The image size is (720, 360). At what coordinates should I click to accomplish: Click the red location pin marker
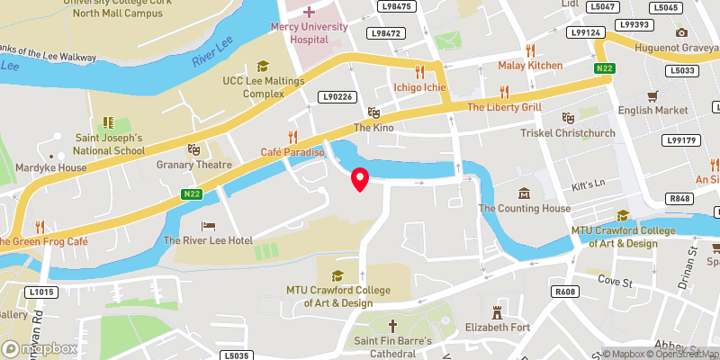360,179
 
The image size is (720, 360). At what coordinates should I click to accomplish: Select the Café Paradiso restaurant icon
292,137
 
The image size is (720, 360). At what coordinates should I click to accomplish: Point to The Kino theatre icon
373,112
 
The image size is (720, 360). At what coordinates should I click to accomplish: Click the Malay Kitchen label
531,65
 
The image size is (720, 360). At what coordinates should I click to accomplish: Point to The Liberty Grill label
504,107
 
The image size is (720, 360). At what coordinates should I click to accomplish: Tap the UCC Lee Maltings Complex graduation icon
263,66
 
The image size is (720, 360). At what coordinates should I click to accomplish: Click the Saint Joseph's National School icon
109,122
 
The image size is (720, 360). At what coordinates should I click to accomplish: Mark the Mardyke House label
54,166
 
